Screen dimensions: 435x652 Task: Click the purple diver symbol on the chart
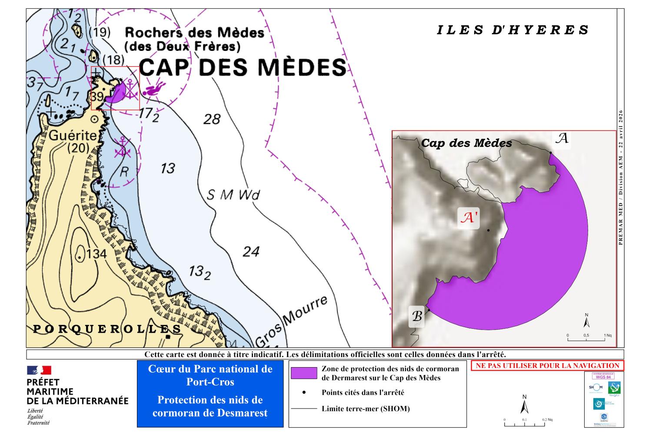click(x=154, y=89)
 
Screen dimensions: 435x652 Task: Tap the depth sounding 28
click(x=212, y=119)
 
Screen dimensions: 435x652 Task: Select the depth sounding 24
click(x=251, y=251)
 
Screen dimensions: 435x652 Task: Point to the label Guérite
click(x=73, y=135)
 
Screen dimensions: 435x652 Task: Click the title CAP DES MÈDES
click(x=243, y=67)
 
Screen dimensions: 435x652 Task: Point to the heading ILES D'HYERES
click(x=512, y=30)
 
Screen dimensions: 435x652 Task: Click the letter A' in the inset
click(x=469, y=217)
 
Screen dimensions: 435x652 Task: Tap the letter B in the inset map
click(x=416, y=316)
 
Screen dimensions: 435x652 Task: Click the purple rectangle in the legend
click(x=304, y=373)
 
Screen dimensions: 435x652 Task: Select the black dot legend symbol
click(x=304, y=392)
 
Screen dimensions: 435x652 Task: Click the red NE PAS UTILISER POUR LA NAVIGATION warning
click(x=547, y=366)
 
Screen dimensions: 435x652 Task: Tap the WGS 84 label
click(x=603, y=377)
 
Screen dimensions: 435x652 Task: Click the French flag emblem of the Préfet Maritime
click(x=39, y=370)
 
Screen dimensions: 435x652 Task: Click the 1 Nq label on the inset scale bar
click(x=608, y=335)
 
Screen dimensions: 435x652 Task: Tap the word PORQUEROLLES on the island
click(x=107, y=329)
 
